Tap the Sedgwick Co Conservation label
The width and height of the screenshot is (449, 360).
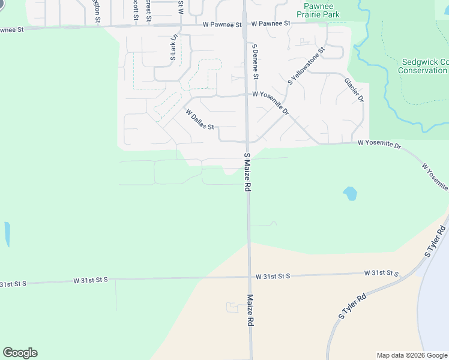(x=423, y=66)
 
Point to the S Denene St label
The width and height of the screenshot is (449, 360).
(x=255, y=61)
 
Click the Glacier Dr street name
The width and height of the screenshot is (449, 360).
(x=354, y=90)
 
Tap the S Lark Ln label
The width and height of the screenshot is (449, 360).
(x=173, y=48)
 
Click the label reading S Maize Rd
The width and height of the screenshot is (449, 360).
(x=247, y=172)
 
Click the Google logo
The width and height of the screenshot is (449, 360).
(x=20, y=353)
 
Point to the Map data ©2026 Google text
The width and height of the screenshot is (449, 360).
(x=412, y=355)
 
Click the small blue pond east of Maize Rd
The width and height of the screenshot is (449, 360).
(x=350, y=194)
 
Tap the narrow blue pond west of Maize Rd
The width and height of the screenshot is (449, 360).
(x=7, y=234)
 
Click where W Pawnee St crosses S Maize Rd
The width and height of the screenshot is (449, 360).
(x=246, y=25)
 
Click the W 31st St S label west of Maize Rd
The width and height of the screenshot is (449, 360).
(x=91, y=280)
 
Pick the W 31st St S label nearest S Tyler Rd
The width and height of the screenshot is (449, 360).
(x=381, y=273)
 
